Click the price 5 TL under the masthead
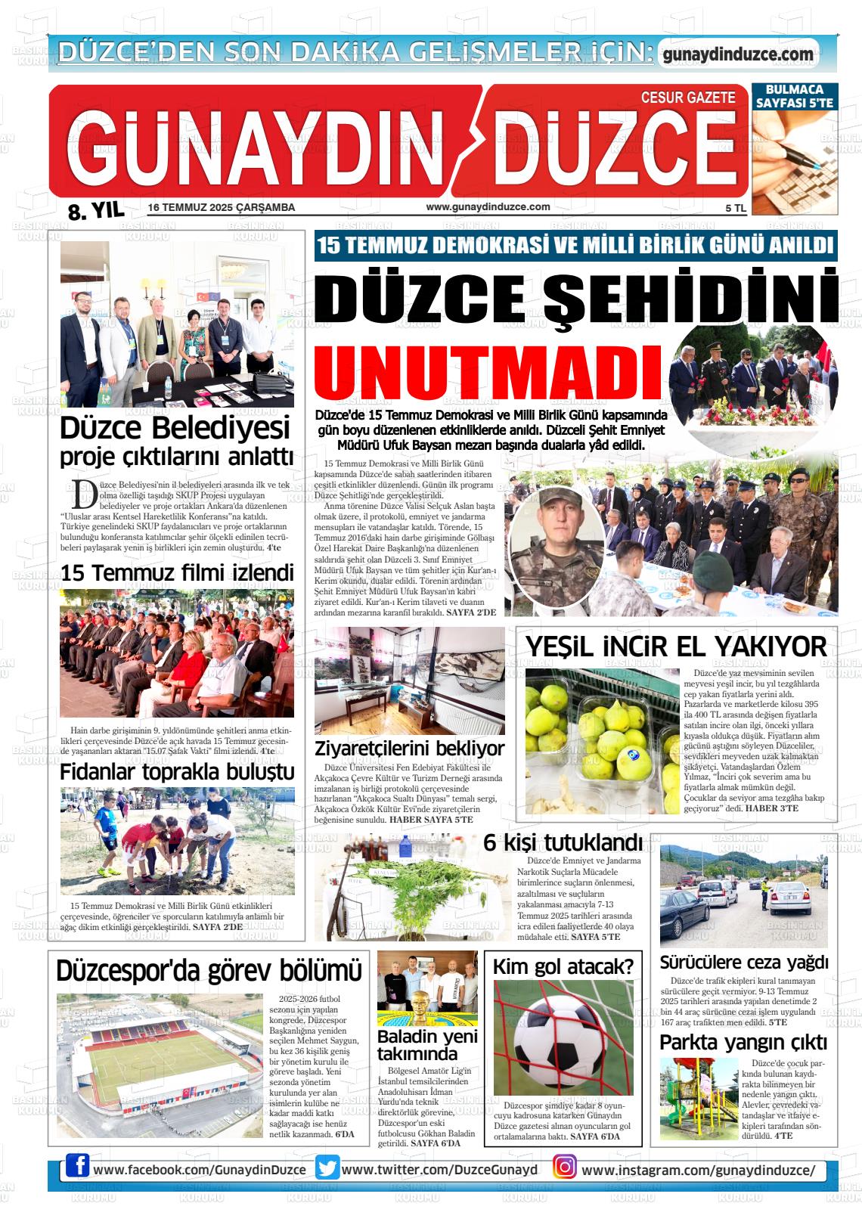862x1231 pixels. [x=735, y=208]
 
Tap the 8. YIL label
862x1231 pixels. [x=96, y=211]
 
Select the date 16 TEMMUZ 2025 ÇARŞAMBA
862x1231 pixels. [x=222, y=208]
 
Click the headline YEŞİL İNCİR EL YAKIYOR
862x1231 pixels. [x=676, y=647]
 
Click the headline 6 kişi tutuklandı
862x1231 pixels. [x=563, y=842]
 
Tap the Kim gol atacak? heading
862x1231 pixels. [x=563, y=966]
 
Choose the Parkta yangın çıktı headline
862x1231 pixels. [x=743, y=1042]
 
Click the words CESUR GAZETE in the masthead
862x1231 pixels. [x=687, y=98]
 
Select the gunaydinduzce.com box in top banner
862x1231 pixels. [x=738, y=54]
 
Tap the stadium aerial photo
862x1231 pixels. [x=160, y=1065]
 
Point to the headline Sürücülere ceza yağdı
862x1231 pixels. [x=744, y=963]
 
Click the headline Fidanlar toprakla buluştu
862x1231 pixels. [x=177, y=772]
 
